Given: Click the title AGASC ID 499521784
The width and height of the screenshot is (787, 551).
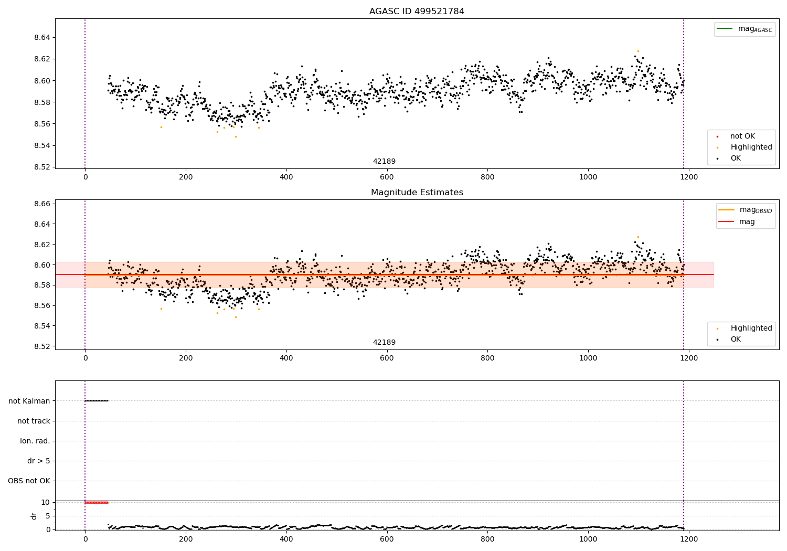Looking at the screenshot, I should tap(417, 12).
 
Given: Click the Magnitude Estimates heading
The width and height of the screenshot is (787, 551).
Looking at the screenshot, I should tap(417, 193).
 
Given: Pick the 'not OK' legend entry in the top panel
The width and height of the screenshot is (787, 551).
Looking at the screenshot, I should tap(742, 136).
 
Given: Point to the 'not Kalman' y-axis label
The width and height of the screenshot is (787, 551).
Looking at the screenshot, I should tap(29, 401).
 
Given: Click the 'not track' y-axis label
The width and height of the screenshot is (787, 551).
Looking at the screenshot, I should tap(34, 421).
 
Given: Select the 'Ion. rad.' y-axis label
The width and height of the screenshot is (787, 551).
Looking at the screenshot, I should tap(35, 441).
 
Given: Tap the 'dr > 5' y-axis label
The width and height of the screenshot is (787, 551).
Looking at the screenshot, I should tap(38, 461).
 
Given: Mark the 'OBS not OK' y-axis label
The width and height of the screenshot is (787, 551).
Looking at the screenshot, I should tap(29, 481).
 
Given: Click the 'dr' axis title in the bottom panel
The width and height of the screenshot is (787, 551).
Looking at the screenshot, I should tap(34, 516).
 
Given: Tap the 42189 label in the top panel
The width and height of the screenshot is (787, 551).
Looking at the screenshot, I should tap(384, 161).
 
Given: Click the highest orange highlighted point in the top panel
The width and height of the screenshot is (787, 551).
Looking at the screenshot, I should tap(638, 51).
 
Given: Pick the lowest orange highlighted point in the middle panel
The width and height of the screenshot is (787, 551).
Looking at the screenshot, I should tap(236, 317).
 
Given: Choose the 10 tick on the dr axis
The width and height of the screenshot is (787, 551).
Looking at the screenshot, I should tap(45, 502).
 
